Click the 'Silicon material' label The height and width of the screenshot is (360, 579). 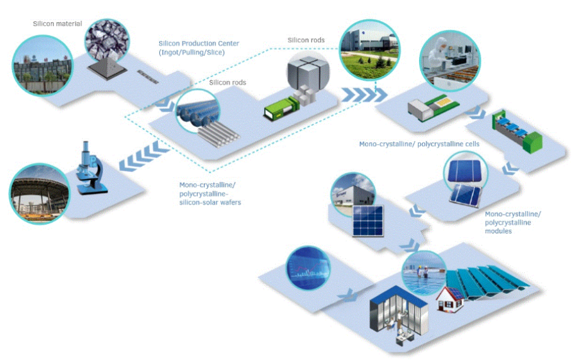coord(57,24)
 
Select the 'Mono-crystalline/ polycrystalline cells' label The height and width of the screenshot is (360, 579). coord(419,144)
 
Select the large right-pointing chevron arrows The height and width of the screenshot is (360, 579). coord(358,95)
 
